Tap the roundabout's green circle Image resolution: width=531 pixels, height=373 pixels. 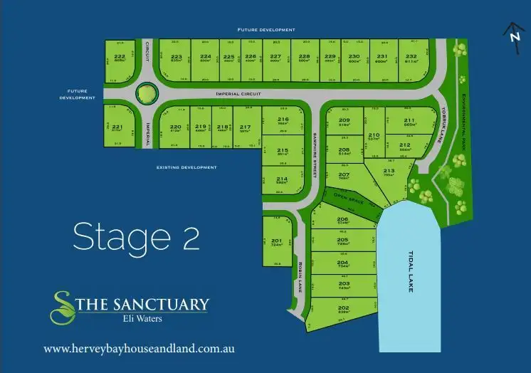(x=146, y=93)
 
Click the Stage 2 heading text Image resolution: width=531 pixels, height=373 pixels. (x=136, y=237)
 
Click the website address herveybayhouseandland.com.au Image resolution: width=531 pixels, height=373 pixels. (x=139, y=349)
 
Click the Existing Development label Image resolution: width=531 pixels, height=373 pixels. (x=186, y=167)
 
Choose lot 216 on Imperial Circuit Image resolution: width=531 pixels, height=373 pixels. (x=283, y=120)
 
